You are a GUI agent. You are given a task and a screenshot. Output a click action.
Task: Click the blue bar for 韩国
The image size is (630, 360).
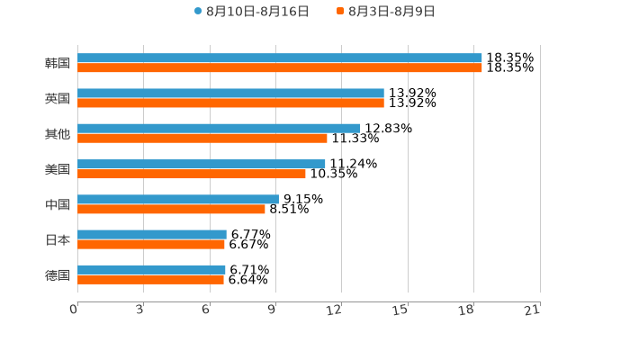pos(280,58)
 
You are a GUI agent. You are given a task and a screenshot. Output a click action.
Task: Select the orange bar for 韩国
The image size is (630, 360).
pos(280,67)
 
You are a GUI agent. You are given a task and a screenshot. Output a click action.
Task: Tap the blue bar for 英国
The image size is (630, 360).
pos(230,94)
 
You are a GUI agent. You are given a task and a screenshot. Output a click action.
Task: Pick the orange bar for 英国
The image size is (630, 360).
pos(230,103)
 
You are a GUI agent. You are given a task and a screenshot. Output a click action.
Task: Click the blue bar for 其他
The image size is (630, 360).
pos(219,129)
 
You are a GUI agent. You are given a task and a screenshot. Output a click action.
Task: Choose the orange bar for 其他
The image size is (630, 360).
pos(202,139)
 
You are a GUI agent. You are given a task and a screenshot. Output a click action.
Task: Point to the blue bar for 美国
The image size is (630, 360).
pos(202,164)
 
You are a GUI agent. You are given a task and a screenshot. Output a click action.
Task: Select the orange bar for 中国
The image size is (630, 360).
pos(171,209)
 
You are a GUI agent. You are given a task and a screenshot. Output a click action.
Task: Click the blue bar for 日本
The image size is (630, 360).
pos(152,234)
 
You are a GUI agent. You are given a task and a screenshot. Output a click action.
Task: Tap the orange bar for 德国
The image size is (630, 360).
pos(150,280)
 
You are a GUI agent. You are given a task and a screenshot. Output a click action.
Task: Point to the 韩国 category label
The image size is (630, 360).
pos(58,63)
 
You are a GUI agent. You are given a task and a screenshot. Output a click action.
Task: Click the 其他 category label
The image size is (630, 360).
pos(58,133)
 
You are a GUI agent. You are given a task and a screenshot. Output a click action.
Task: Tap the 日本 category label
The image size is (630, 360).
pos(58,239)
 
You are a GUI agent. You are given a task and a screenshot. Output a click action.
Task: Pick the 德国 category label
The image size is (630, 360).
pos(58,274)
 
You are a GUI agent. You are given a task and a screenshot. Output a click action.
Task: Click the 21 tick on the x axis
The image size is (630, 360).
pos(533,310)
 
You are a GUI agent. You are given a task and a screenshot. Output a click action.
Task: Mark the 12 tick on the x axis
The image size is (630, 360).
pos(335,310)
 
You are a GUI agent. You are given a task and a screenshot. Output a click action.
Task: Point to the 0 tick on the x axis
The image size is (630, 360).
pos(74,310)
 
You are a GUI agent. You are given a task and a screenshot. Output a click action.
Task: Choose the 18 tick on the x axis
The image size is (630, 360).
pos(466,310)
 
